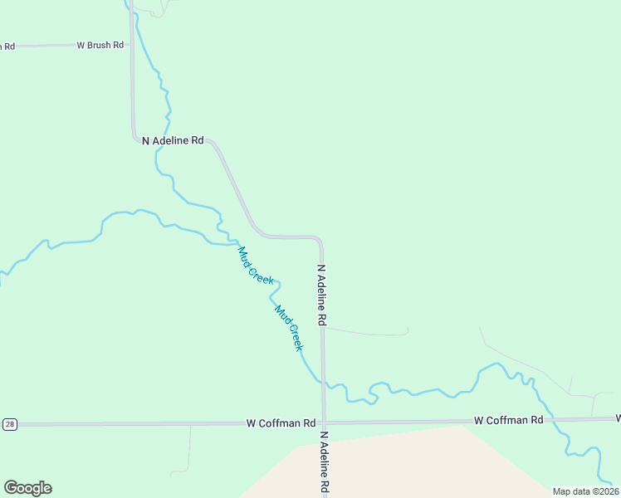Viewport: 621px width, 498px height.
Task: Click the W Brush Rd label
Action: click(x=100, y=45)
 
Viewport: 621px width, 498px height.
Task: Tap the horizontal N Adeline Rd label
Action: click(x=173, y=140)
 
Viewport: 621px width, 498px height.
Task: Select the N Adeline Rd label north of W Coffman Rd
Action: click(x=321, y=295)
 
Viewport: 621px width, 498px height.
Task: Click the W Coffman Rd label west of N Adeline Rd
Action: click(x=281, y=423)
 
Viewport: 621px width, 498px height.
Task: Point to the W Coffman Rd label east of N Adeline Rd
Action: click(x=508, y=420)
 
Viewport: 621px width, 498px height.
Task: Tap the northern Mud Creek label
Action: click(x=256, y=266)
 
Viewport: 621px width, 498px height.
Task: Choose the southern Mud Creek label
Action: click(x=289, y=328)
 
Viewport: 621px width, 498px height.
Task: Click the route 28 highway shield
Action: click(x=9, y=424)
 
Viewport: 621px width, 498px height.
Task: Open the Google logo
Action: click(x=27, y=488)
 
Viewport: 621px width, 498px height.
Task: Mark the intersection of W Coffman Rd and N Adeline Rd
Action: click(x=324, y=422)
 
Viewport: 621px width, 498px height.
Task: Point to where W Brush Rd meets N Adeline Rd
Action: click(x=132, y=45)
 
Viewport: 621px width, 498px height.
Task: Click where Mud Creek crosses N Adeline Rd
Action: click(x=323, y=383)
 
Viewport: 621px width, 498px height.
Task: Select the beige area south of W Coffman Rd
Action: click(x=390, y=465)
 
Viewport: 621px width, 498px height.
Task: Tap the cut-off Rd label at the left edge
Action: click(x=7, y=46)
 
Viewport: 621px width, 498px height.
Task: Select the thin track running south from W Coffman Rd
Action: click(x=190, y=448)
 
